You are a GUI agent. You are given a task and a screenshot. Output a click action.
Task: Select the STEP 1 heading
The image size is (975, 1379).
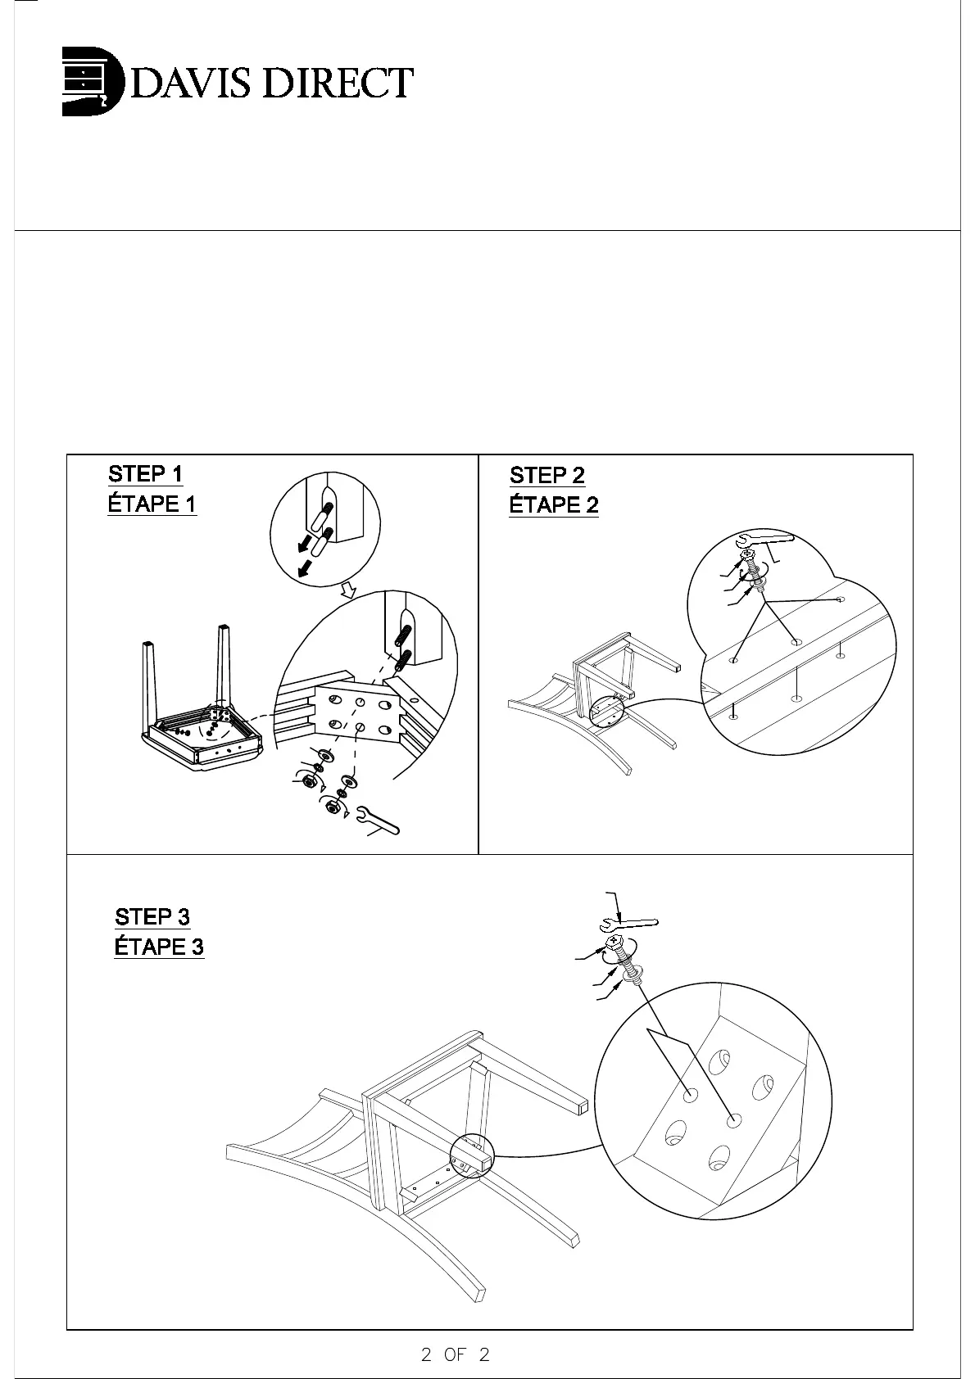click(145, 473)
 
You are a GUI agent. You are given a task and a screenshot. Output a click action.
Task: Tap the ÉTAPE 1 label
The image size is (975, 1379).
click(152, 504)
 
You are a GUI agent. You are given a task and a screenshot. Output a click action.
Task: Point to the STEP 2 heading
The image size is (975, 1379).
click(546, 475)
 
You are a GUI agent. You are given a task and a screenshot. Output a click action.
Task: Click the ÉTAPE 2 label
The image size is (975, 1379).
click(553, 505)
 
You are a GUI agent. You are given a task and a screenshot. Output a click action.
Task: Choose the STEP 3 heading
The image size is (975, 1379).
click(152, 916)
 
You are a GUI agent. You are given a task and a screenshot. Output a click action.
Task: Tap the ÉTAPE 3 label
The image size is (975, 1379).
click(158, 947)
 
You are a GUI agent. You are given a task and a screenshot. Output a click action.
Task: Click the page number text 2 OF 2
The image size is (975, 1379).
click(455, 1354)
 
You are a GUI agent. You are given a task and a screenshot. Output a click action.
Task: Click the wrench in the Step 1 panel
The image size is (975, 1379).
click(379, 821)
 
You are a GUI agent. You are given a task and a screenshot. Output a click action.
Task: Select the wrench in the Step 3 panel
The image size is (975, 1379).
click(628, 924)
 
